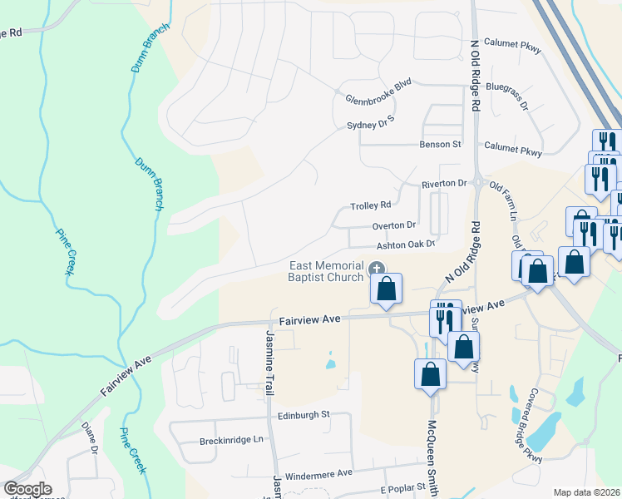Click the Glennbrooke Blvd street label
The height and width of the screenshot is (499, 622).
tap(378, 98)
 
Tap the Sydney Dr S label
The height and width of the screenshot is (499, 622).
tap(370, 125)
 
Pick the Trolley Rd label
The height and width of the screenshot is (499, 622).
tap(370, 205)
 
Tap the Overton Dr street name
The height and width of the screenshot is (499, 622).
tap(393, 225)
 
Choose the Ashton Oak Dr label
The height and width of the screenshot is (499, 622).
tap(406, 245)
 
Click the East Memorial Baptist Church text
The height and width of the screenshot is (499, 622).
tap(327, 271)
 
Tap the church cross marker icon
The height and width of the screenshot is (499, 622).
tap(377, 269)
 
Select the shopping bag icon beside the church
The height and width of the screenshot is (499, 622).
tap(387, 289)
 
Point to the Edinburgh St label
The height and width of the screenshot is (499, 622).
tap(304, 414)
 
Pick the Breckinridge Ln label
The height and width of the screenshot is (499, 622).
tap(230, 439)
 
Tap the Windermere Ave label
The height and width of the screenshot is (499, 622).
tap(319, 474)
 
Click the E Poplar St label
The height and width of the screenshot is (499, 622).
tap(402, 487)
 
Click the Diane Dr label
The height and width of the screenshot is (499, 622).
tap(90, 439)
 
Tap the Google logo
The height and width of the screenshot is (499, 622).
tap(27, 489)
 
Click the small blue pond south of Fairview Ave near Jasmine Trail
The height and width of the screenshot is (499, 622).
tap(331, 363)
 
